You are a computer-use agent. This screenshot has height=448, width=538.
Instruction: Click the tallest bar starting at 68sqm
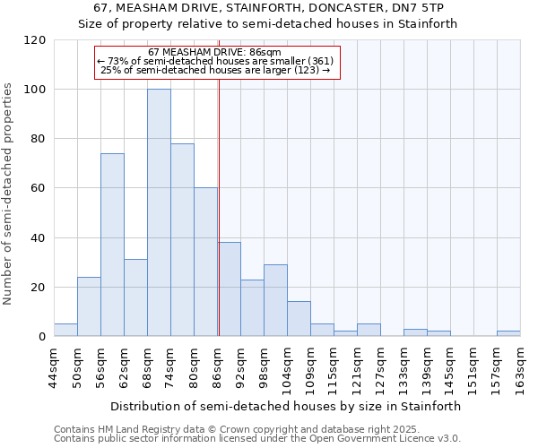click(159, 213)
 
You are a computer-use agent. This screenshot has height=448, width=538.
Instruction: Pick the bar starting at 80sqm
click(205, 262)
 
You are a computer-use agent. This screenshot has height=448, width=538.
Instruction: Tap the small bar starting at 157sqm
click(508, 333)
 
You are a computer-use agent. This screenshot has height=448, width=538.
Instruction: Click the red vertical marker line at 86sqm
click(219, 224)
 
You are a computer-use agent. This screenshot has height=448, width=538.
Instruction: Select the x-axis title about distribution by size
click(287, 406)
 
